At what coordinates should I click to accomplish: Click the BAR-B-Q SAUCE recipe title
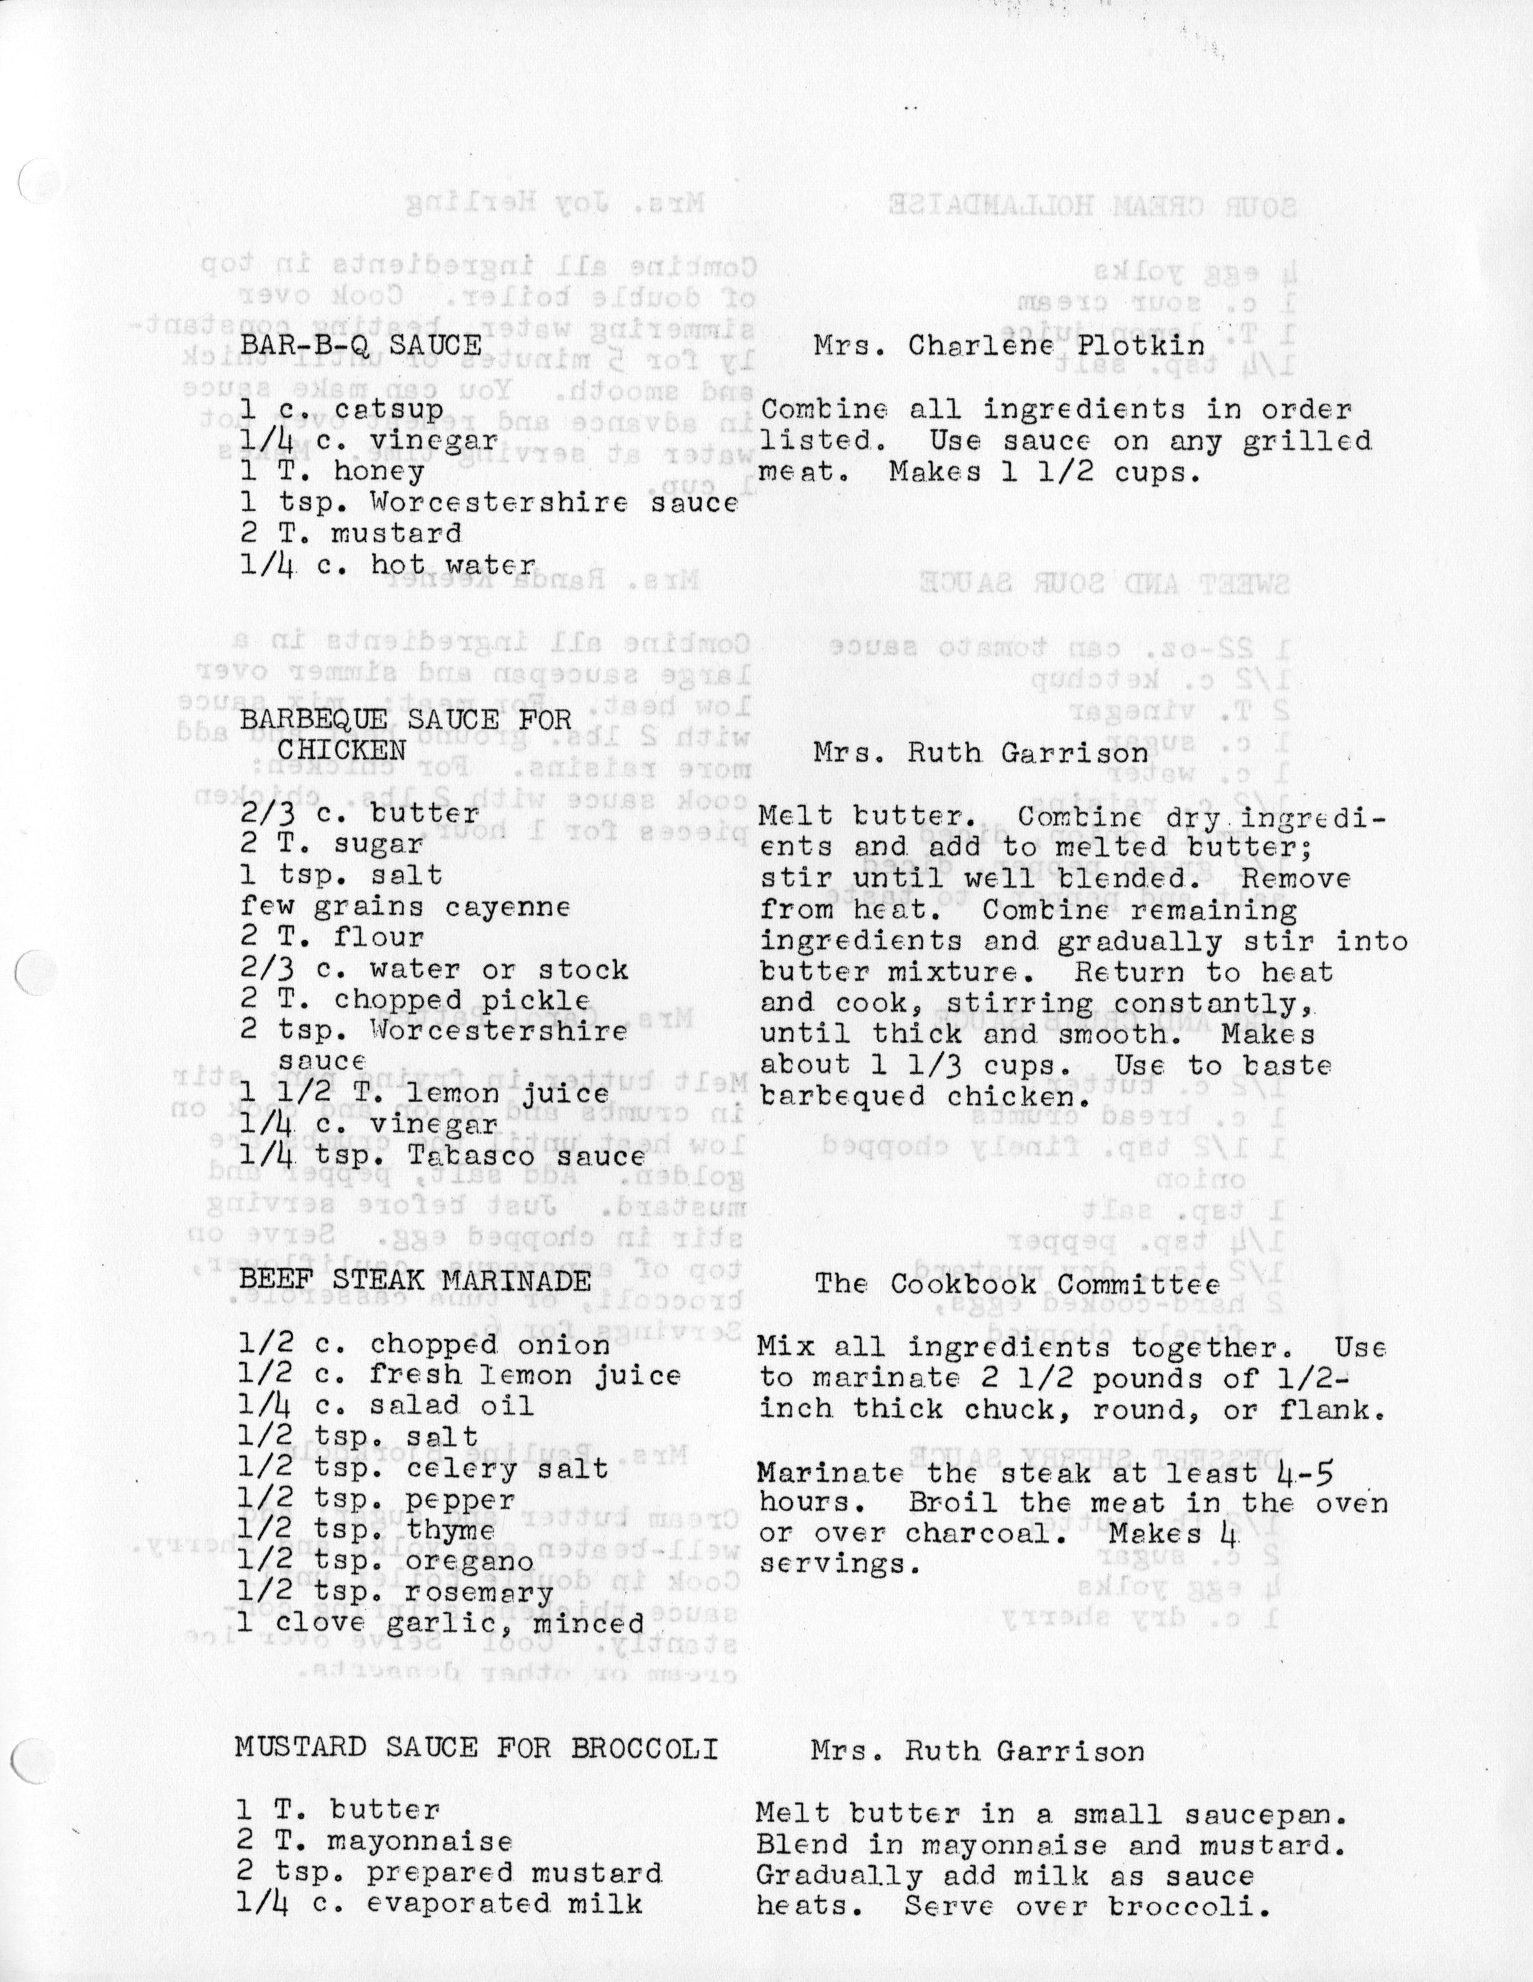pyautogui.click(x=360, y=344)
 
